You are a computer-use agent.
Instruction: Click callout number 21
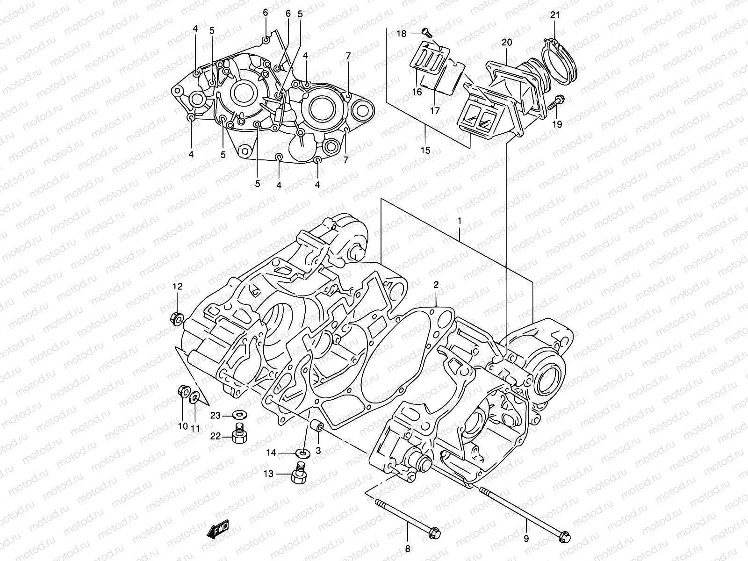coord(554,15)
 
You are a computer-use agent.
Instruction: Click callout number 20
coord(507,43)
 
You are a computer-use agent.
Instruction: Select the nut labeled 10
coord(183,391)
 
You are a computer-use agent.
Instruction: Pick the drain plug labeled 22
coord(239,436)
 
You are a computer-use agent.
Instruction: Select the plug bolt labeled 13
coord(298,474)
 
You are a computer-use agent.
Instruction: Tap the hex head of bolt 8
coord(434,532)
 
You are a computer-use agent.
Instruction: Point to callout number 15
coord(425,151)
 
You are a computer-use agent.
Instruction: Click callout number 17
coord(435,111)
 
